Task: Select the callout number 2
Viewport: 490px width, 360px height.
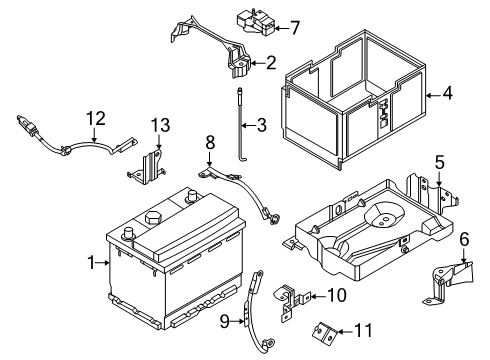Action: [271, 63]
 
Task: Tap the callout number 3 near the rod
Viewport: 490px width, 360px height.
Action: [261, 125]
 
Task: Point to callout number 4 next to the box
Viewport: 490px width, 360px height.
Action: [447, 95]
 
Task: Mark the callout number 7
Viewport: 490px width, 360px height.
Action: [294, 27]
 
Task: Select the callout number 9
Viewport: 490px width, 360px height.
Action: [226, 320]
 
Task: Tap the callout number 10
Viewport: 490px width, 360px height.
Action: [337, 295]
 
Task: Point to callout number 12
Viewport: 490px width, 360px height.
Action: [94, 119]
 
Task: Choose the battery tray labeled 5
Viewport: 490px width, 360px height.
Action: [360, 225]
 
